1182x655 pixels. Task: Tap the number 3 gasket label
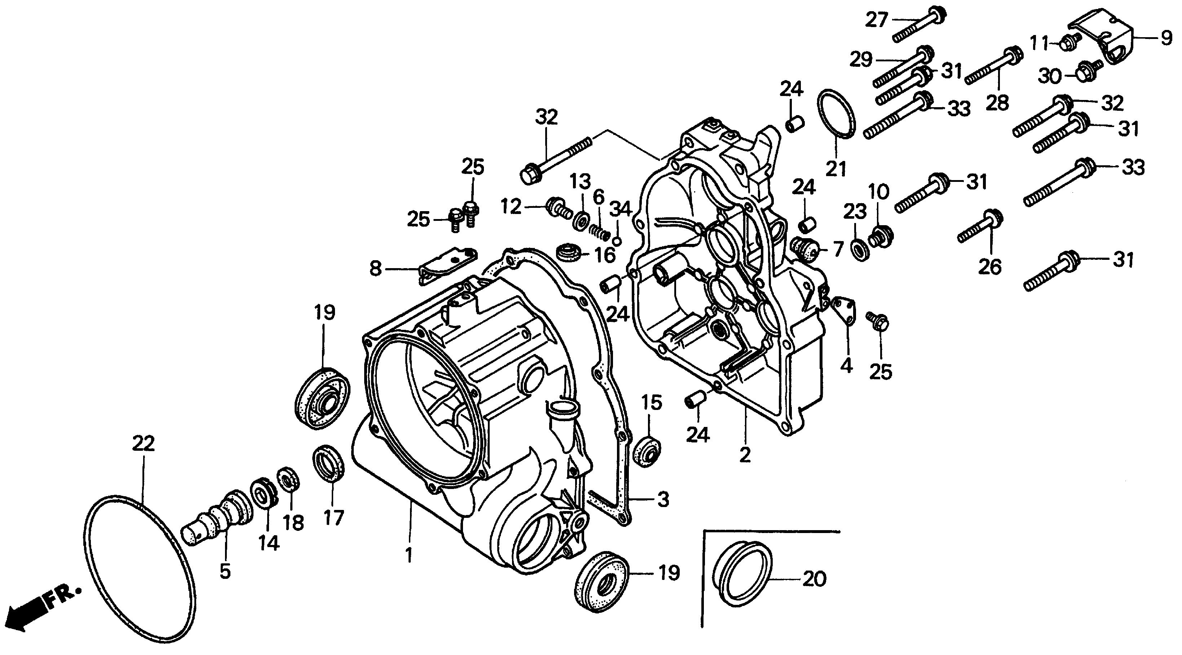663,500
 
